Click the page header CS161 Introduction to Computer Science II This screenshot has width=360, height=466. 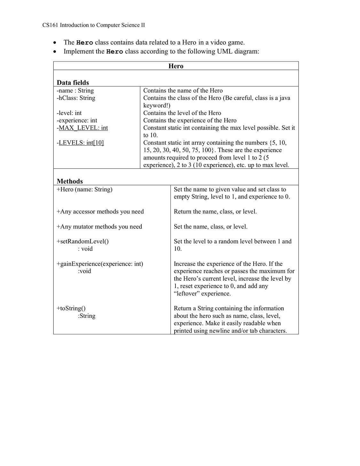pos(93,25)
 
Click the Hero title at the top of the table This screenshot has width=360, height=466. pos(176,66)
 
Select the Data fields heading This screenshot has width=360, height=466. pos(73,82)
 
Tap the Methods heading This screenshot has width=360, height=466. pos(70,181)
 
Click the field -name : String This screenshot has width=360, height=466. pos(75,91)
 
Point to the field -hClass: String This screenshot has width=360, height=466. pos(76,98)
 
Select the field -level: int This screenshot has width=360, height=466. pos(69,113)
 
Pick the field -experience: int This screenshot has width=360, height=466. pos(77,120)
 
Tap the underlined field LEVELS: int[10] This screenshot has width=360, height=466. pos(81,143)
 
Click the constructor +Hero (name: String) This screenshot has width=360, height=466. pos(84,189)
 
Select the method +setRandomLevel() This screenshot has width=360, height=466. pos(82,241)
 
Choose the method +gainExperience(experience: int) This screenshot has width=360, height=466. pos(100,264)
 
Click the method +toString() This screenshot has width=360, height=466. pos(71,308)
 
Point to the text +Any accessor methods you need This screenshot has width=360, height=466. pos(100,212)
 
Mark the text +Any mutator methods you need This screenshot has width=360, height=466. pos(99,227)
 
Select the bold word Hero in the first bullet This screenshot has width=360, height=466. pos(85,43)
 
